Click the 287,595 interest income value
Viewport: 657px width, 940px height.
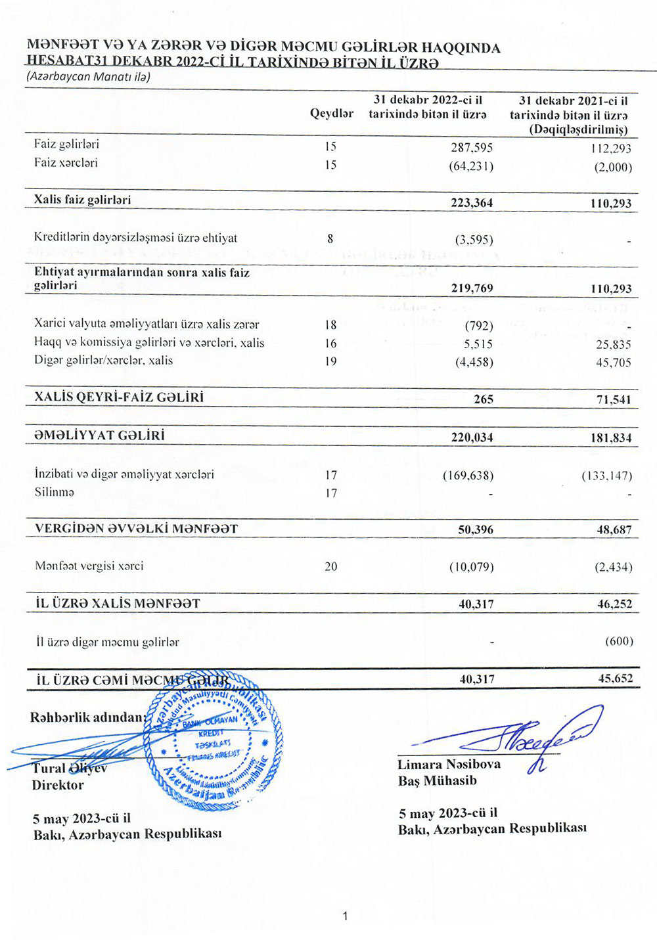tap(471, 148)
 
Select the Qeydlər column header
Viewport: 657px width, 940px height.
tap(331, 114)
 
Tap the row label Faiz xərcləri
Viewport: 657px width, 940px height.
tap(66, 163)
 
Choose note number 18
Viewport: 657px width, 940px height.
tap(330, 325)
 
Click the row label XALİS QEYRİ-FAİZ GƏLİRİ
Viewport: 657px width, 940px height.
tap(119, 397)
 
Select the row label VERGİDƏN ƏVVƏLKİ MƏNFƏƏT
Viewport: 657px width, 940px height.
tap(136, 529)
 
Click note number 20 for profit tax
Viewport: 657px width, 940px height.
tap(330, 566)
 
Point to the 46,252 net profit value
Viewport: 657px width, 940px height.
tap(614, 604)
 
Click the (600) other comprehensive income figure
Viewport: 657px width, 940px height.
tap(618, 641)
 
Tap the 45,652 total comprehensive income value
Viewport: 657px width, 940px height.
tap(615, 679)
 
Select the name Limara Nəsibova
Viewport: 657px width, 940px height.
tap(449, 765)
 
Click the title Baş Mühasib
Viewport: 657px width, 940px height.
tap(437, 781)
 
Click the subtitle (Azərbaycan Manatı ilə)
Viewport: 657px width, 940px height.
tap(88, 77)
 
